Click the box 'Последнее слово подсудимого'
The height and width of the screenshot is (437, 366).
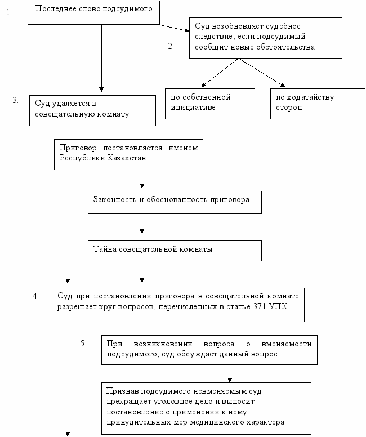[x=93, y=12]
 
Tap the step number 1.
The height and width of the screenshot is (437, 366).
[x=9, y=12]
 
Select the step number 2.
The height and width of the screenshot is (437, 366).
[x=171, y=46]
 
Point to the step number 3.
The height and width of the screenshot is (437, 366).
[x=16, y=100]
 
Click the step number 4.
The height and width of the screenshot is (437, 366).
[x=35, y=296]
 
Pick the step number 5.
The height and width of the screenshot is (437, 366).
[x=83, y=344]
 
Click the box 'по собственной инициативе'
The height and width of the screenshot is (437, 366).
[x=210, y=104]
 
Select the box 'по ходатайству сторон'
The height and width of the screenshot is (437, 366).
[x=318, y=104]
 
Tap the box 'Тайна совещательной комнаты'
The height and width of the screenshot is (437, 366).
[x=175, y=251]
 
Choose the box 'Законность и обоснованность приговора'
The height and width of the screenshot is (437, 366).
[x=175, y=202]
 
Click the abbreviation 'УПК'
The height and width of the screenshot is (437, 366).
[x=278, y=306]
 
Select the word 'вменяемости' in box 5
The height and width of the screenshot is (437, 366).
[x=286, y=344]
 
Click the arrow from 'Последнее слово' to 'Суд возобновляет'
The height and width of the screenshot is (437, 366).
[x=175, y=28]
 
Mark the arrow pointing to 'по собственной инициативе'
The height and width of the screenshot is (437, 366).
[x=220, y=73]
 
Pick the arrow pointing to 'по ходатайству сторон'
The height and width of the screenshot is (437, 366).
[x=262, y=73]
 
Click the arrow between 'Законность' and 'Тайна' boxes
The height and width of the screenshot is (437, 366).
[x=142, y=226]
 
